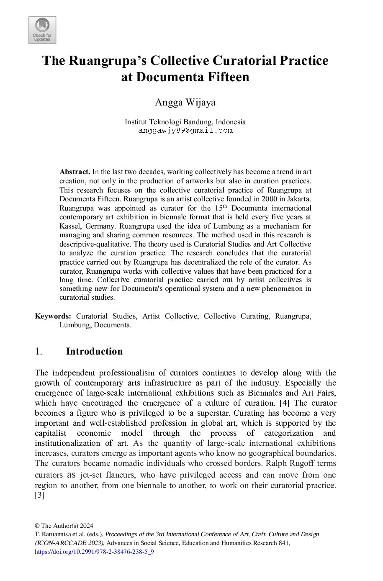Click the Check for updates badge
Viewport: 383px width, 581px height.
(x=42, y=30)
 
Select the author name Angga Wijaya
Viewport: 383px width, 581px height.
(x=185, y=102)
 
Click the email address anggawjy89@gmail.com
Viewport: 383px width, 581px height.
(x=185, y=130)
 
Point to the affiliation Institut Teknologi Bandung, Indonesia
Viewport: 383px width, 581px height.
(x=185, y=122)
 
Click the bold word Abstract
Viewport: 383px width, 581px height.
(x=75, y=172)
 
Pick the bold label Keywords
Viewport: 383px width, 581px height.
(x=53, y=316)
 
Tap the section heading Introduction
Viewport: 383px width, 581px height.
(x=94, y=351)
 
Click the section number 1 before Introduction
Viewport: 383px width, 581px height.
(x=38, y=351)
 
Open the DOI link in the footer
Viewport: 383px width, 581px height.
(x=94, y=552)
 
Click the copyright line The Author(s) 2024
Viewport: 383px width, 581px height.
(x=64, y=526)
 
